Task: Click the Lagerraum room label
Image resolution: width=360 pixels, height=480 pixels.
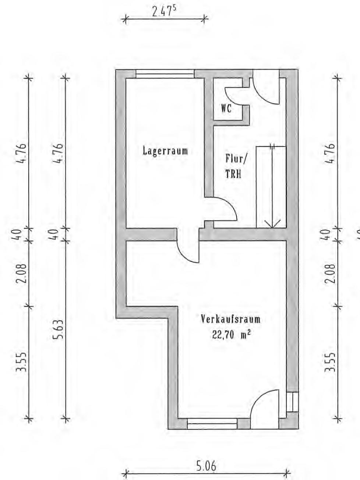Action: click(x=166, y=151)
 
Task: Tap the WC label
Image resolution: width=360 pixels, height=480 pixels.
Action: click(x=226, y=109)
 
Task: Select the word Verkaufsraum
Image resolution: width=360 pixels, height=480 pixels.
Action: click(x=231, y=320)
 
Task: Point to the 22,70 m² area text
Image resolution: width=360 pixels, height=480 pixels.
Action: click(x=231, y=335)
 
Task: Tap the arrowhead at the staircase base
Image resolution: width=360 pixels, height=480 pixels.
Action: click(x=272, y=224)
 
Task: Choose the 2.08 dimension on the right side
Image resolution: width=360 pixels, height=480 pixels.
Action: click(x=331, y=273)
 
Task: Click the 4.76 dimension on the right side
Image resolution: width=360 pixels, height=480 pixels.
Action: click(x=331, y=153)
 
